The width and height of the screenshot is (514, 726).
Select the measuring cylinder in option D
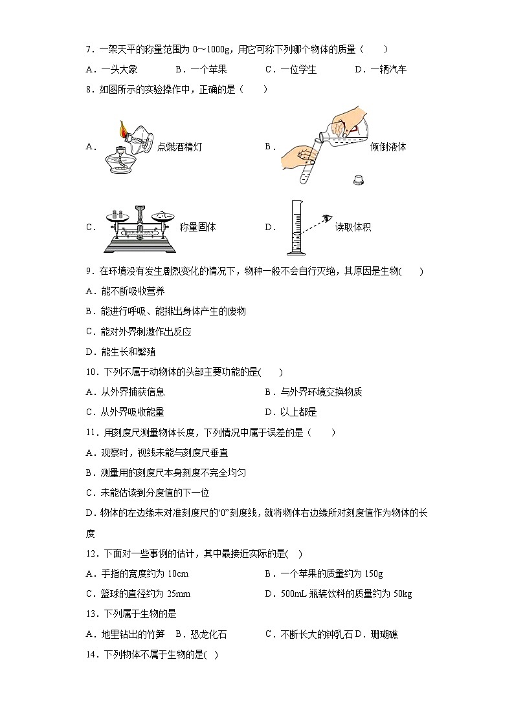point(296,228)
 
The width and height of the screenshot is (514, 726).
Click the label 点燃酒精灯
point(179,147)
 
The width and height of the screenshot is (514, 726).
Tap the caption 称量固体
point(197,227)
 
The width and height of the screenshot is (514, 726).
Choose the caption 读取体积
point(353,227)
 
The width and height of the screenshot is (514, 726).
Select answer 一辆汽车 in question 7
point(388,69)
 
